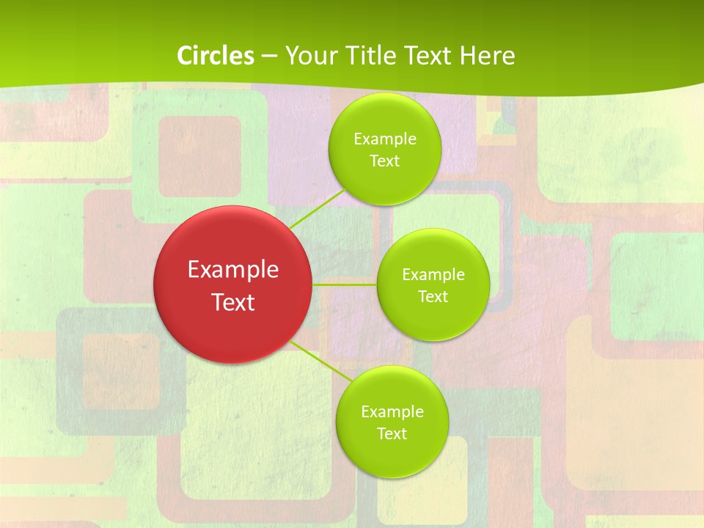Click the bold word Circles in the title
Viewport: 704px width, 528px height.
(x=216, y=56)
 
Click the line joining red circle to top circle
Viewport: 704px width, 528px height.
(x=317, y=209)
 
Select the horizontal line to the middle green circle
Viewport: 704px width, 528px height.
(x=344, y=284)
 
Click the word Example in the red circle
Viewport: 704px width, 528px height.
(x=233, y=270)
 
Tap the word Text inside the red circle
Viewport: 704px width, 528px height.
(x=233, y=302)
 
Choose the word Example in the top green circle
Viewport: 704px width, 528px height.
(x=385, y=139)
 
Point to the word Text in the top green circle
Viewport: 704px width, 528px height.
(x=384, y=161)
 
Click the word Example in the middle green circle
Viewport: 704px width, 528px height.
(x=433, y=275)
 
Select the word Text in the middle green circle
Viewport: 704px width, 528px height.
(x=433, y=297)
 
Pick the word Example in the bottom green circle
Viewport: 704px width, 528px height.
(x=392, y=412)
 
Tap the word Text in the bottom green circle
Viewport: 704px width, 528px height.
(x=392, y=434)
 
